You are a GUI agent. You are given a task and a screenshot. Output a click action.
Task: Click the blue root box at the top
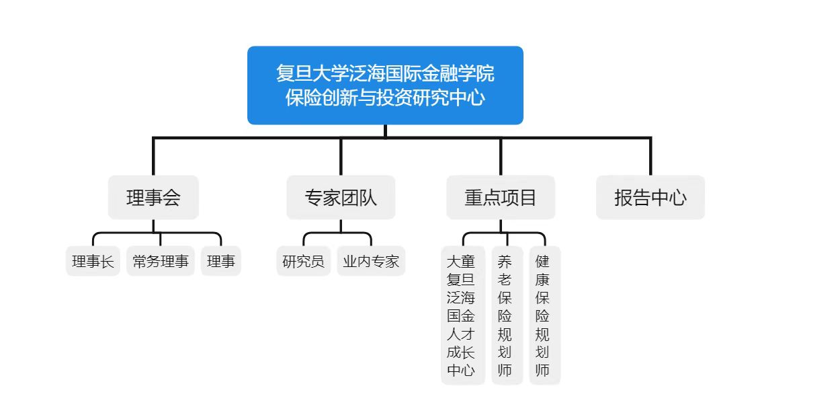(385, 85)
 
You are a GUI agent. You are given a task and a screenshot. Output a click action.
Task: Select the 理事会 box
(153, 197)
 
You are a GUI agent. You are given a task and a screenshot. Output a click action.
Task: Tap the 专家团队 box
(341, 197)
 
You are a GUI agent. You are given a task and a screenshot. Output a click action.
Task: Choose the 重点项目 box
(501, 197)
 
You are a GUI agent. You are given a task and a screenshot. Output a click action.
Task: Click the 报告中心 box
(651, 197)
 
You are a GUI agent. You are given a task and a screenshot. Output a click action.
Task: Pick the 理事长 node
(93, 261)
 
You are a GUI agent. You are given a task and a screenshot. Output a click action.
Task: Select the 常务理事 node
(161, 261)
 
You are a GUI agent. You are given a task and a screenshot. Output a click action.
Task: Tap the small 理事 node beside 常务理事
(221, 261)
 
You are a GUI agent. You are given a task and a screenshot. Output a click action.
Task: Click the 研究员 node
(303, 261)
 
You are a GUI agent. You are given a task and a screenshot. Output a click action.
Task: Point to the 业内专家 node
(371, 261)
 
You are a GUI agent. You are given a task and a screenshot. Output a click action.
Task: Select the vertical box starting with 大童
(463, 315)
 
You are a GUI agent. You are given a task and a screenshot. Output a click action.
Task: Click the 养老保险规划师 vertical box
(507, 315)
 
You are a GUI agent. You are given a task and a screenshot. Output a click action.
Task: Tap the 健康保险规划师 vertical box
(545, 315)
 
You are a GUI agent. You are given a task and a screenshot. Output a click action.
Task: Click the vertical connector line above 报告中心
(651, 157)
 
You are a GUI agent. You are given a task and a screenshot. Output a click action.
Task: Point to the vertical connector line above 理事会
(153, 157)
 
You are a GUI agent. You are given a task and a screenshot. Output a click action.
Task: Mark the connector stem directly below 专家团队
(341, 226)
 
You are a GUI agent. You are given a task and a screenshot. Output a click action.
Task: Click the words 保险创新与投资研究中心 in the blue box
(385, 98)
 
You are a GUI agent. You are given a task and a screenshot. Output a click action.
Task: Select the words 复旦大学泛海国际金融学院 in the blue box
(385, 73)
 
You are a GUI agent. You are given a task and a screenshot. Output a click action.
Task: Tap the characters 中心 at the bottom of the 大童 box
(460, 370)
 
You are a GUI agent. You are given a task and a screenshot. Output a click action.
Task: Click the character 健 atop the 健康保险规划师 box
(542, 261)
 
